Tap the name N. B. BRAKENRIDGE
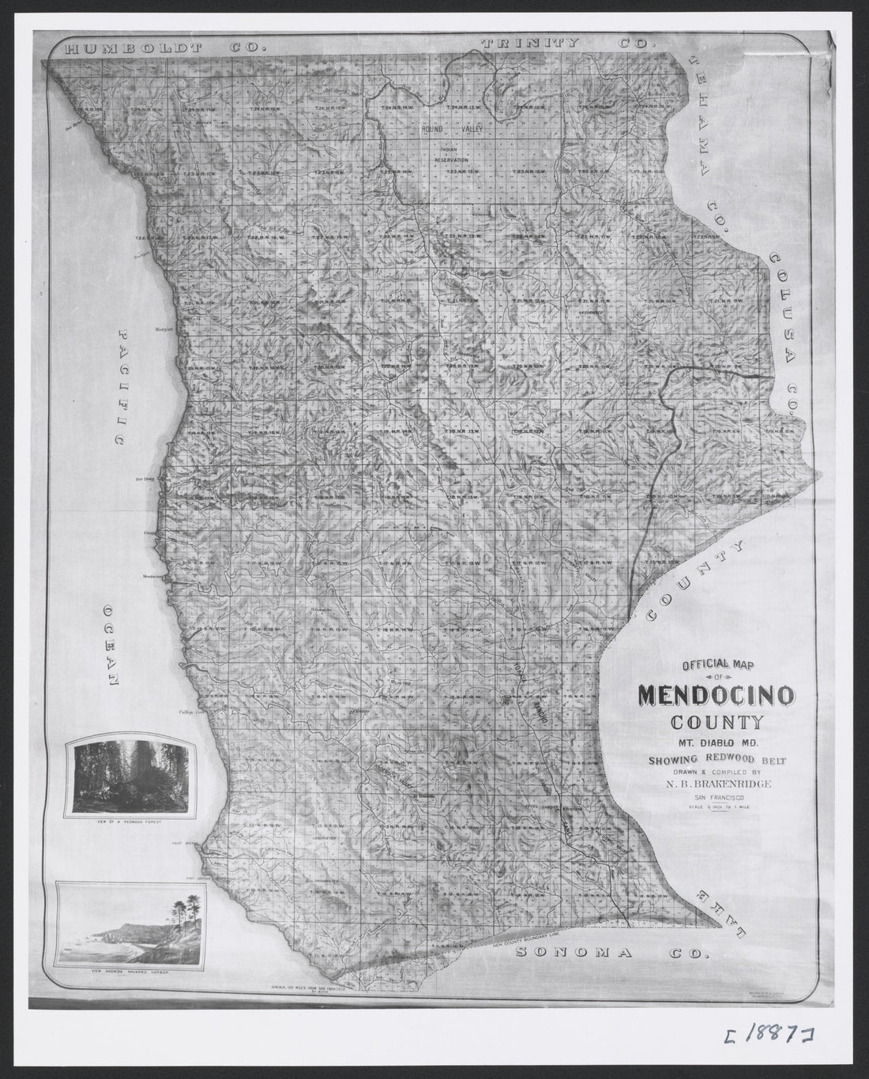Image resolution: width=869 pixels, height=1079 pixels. pyautogui.click(x=717, y=784)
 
